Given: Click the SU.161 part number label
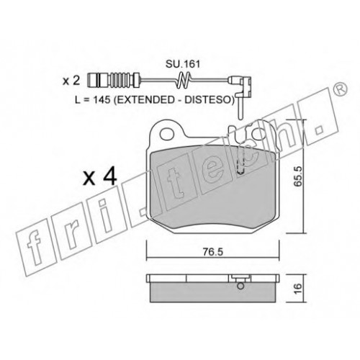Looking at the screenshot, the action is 183,64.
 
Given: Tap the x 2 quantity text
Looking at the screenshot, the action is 71,81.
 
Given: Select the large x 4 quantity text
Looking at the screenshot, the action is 100,177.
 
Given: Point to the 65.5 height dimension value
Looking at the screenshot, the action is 297,177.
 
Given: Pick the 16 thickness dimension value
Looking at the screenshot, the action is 297,288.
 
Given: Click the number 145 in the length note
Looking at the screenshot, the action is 102,100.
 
